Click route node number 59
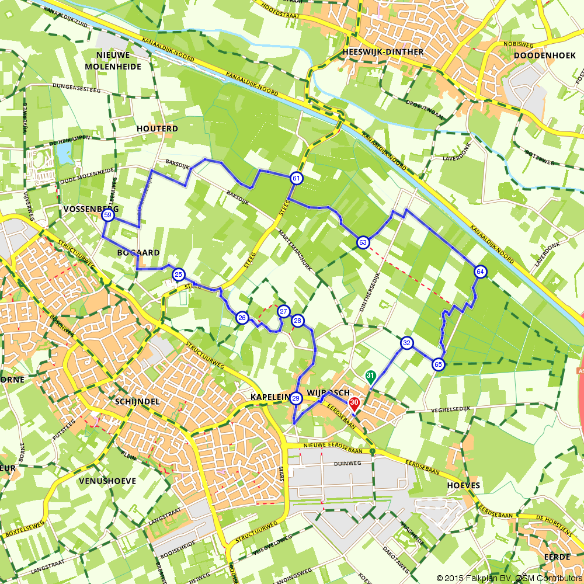pos(107,215)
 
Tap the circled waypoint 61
pos(297,178)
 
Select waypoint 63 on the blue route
pos(363,242)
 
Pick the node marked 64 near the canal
pos(480,271)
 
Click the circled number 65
pos(438,364)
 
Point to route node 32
pos(406,343)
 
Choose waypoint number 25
pos(179,274)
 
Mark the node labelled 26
pos(242,318)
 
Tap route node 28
pos(298,321)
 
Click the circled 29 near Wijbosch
pos(296,399)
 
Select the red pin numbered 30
pos(354,404)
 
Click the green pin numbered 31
pos(370,377)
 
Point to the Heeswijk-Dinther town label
pos(384,52)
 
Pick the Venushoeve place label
pos(107,481)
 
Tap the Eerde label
pos(557,557)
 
